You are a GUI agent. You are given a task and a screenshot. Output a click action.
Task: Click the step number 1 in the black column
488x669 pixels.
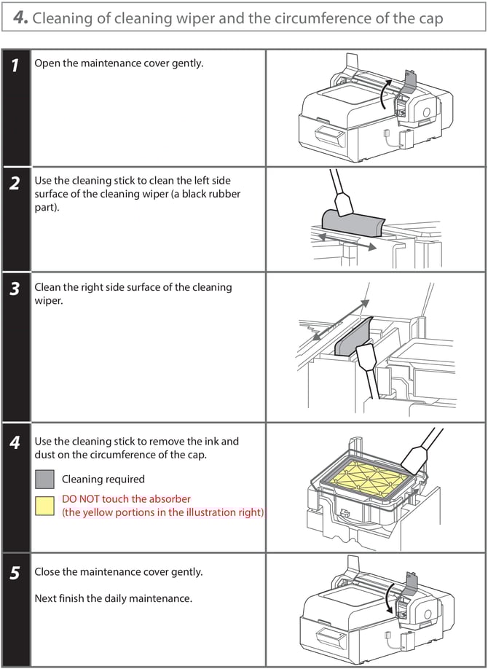[x=15, y=66]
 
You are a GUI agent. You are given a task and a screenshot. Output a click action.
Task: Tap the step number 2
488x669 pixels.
[x=15, y=184]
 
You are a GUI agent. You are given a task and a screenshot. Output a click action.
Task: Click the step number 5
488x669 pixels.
[x=15, y=574]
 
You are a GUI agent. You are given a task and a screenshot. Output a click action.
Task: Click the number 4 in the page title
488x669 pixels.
[x=20, y=18]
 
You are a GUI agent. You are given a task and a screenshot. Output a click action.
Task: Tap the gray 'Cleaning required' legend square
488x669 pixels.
[x=44, y=479]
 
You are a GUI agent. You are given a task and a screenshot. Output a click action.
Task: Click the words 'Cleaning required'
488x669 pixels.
[x=103, y=480]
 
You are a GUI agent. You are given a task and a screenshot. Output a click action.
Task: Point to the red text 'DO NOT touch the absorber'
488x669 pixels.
[x=126, y=499]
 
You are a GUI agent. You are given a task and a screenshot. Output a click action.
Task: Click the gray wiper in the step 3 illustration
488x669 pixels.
[x=355, y=338]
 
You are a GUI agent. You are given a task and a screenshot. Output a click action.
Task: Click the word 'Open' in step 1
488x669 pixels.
[x=47, y=63]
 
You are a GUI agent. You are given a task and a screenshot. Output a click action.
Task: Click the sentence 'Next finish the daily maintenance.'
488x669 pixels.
[x=113, y=599]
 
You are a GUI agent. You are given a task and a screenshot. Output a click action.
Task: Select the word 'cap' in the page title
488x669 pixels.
[x=429, y=18]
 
